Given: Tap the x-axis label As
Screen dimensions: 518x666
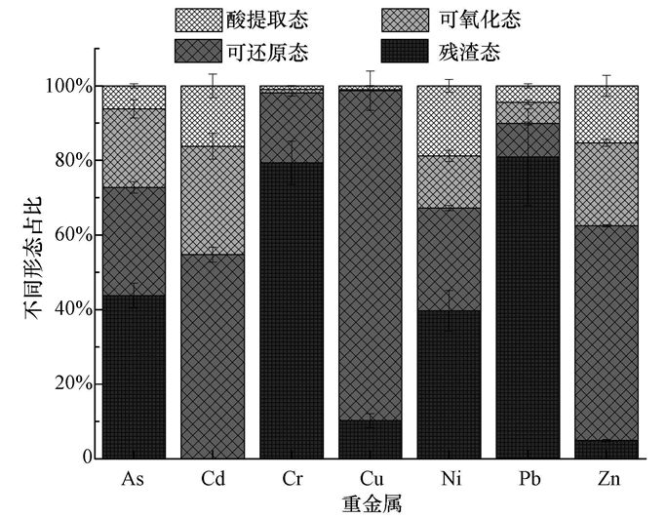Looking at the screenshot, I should tap(134, 478).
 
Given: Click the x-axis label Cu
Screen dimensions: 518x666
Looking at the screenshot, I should tap(370, 478).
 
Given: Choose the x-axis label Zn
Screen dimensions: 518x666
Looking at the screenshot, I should tap(606, 478).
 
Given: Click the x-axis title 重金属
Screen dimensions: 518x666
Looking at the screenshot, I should tap(371, 503).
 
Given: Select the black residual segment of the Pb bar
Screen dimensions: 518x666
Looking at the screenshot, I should tap(527, 307).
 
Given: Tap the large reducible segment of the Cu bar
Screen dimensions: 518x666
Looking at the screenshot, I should tap(370, 255).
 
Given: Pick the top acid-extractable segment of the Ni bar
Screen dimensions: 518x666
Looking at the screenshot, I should tap(449, 121).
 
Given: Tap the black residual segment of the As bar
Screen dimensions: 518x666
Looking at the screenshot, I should tap(134, 377).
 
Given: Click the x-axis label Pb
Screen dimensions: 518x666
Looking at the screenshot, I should tap(527, 478).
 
